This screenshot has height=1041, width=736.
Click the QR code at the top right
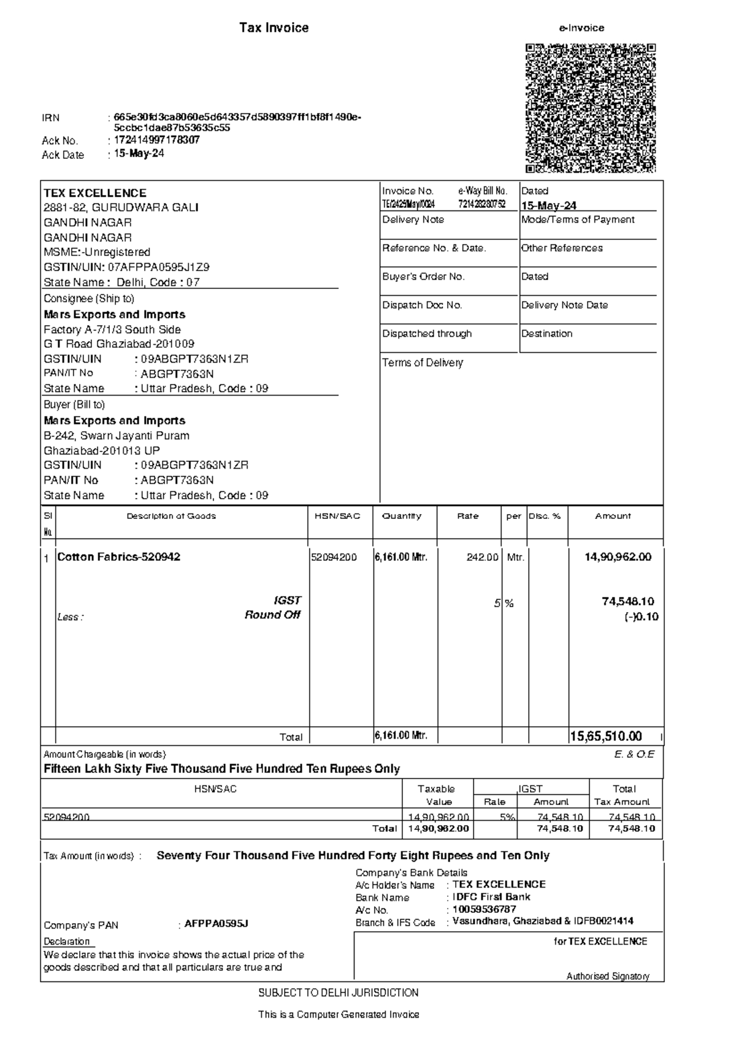(591, 108)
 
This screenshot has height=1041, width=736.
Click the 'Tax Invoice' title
(274, 28)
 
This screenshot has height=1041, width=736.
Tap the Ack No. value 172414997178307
(156, 140)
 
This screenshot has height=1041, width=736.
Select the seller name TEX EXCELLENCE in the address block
(95, 193)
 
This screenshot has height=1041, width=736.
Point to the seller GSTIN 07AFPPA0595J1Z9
(158, 267)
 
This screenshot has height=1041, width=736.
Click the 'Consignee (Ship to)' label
(89, 299)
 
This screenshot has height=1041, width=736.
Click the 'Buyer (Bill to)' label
(74, 405)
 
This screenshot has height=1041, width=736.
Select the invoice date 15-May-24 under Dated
(548, 206)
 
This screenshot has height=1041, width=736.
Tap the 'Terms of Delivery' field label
(423, 363)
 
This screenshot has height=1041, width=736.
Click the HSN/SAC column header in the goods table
(337, 516)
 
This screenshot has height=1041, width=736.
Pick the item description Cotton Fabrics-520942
(118, 557)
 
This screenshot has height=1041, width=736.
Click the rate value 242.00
(482, 558)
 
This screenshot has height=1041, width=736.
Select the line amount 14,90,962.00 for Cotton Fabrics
(618, 557)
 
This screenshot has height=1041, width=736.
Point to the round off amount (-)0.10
(642, 617)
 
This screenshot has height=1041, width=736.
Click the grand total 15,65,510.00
(606, 736)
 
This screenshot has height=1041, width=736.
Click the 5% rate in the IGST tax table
(507, 816)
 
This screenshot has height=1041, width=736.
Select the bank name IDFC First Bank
(491, 897)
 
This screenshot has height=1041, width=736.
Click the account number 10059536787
(484, 909)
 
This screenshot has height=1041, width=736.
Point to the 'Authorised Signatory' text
(607, 976)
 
